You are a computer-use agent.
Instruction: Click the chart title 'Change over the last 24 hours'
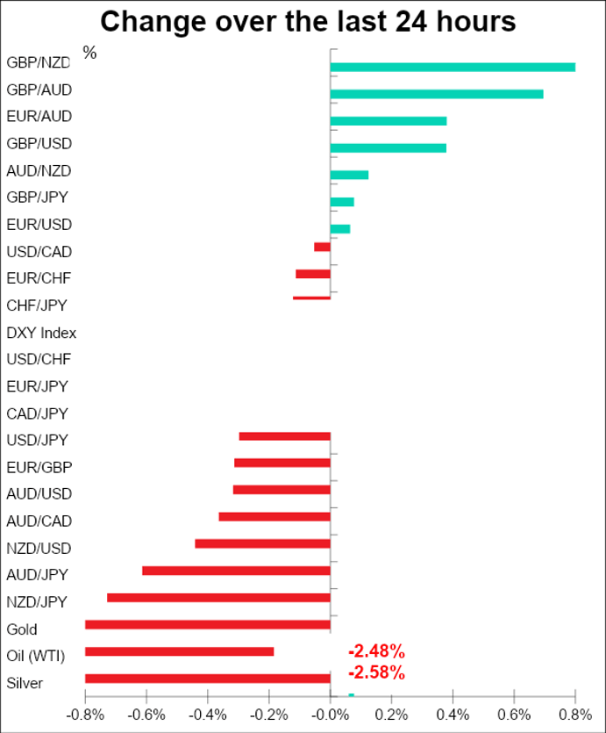(x=307, y=21)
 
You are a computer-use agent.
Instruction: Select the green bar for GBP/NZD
(x=453, y=67)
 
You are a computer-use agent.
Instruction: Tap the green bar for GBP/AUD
(x=436, y=94)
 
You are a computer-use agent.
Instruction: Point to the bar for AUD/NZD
(x=349, y=175)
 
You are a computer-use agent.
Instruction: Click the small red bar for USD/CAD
(x=322, y=247)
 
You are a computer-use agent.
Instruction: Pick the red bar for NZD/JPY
(x=218, y=598)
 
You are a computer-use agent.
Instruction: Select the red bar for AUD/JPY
(x=236, y=571)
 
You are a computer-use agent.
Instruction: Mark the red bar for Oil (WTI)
(x=179, y=651)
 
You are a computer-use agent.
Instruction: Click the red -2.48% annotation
(x=376, y=651)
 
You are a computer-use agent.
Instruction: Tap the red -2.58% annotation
(x=376, y=673)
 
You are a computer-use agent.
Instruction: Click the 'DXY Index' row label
(x=41, y=333)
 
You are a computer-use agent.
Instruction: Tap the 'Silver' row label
(x=24, y=683)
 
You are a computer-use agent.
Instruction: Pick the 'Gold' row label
(x=22, y=629)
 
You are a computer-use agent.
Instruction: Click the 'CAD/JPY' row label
(x=37, y=413)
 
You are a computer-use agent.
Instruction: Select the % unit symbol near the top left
(x=89, y=53)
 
